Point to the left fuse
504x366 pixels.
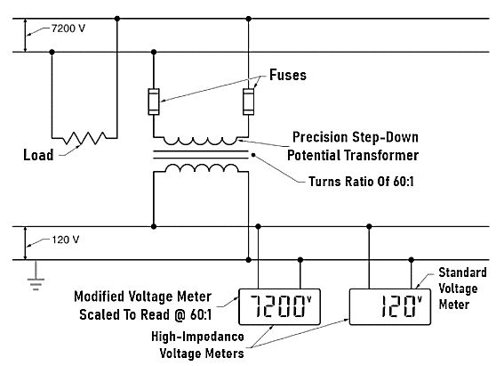[155, 101]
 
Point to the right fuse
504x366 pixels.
[248, 101]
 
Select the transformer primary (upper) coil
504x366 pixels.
[199, 140]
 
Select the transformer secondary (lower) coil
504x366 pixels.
[199, 168]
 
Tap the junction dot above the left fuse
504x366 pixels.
[155, 52]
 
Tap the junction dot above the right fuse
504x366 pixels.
[248, 18]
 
